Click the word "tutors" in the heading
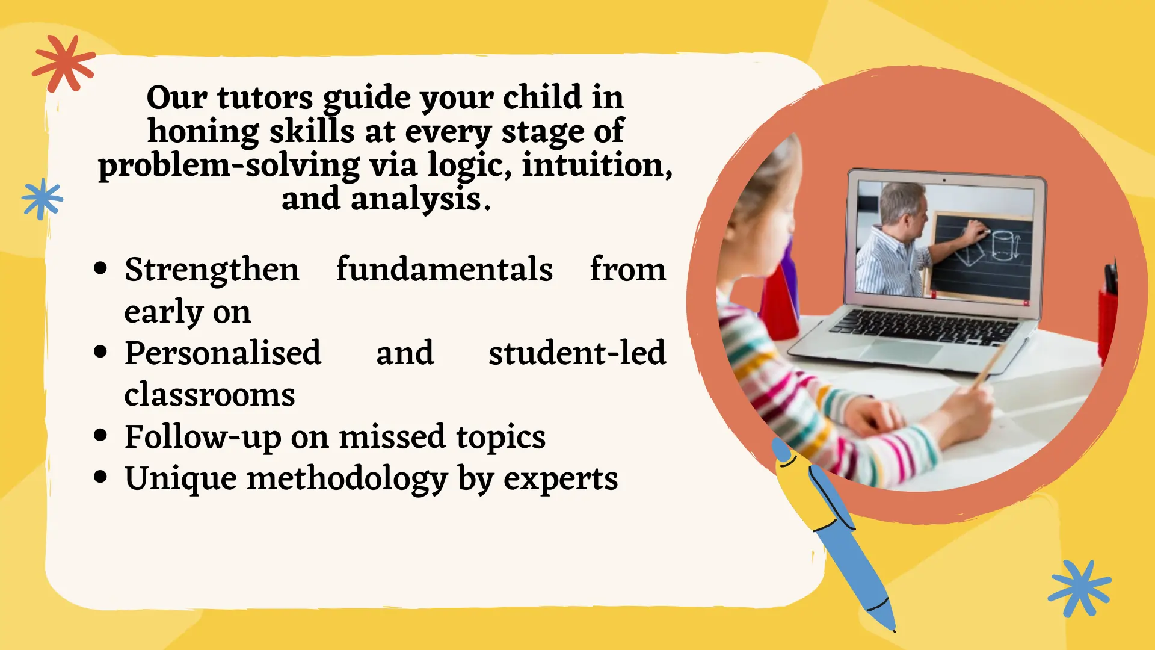265,98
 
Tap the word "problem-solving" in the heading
229,166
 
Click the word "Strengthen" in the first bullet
212,270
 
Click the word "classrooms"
209,395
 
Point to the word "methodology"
347,479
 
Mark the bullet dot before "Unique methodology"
100,477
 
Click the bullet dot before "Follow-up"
100,435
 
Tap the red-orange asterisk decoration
64,63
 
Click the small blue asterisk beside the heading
42,199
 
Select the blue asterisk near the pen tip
1080,589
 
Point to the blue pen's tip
893,629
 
